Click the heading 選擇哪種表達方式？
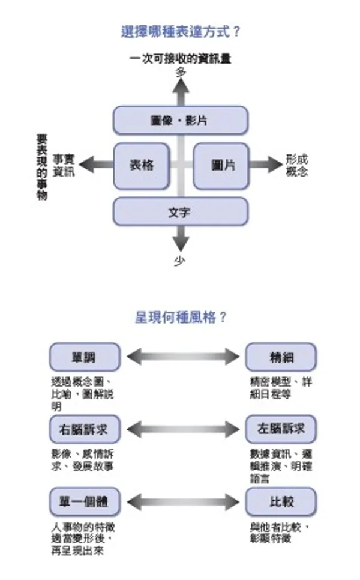point(180,32)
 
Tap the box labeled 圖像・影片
point(180,120)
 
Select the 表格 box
point(142,165)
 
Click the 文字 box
point(180,211)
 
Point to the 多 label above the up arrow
point(181,72)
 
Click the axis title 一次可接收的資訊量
point(181,59)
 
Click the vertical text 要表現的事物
point(41,167)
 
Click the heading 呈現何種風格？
point(181,317)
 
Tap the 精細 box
point(281,358)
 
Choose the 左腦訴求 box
point(281,429)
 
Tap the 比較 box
point(281,501)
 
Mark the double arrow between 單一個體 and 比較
point(182,501)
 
